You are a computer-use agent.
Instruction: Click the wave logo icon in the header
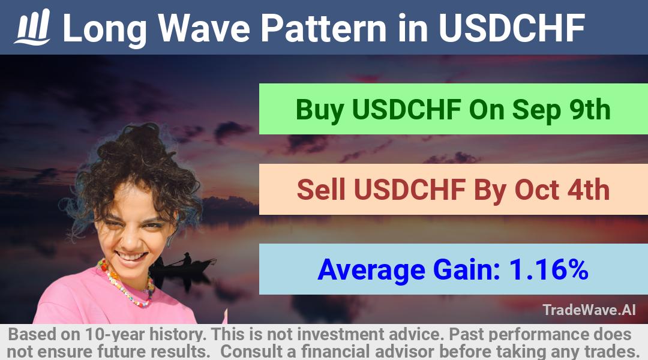32,27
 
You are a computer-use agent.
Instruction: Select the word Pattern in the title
323,28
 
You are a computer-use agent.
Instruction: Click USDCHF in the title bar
512,28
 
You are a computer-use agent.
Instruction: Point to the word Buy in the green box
320,110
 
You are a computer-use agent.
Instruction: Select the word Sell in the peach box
321,190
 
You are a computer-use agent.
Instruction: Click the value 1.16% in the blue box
548,269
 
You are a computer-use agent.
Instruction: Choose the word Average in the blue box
371,271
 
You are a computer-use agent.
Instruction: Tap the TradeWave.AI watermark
589,310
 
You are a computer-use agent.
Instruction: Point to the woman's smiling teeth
131,256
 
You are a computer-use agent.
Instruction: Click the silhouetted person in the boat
187,259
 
